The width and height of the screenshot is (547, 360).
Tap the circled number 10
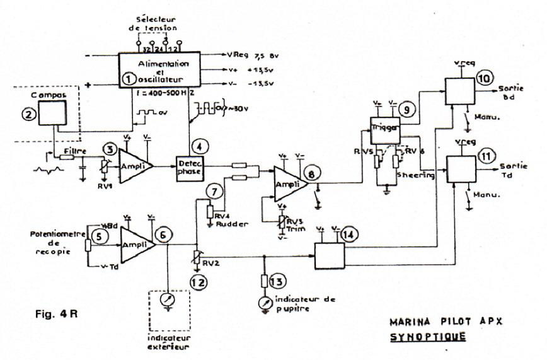click(485, 78)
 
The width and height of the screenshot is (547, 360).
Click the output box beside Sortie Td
click(460, 168)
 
